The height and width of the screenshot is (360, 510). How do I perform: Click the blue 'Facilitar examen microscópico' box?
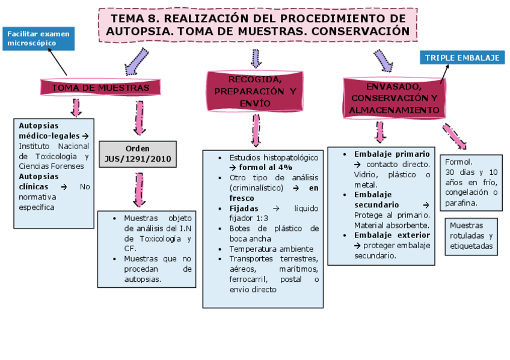point(38,38)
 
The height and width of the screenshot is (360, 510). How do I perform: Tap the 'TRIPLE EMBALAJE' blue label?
point(462,58)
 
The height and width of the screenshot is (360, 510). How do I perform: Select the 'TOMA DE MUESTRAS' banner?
point(100,88)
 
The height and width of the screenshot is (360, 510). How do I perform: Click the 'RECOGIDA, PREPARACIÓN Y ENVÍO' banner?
point(254,91)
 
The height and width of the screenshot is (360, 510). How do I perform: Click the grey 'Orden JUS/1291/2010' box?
point(137,154)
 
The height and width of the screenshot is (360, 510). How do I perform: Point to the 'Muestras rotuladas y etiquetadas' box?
point(471,236)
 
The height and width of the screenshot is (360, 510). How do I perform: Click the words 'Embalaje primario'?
point(392,154)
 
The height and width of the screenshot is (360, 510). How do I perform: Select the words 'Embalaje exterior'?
point(392,235)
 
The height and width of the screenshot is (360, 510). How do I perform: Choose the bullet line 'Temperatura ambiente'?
point(271,249)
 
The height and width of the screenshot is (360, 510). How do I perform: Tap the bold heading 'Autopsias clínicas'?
point(38,182)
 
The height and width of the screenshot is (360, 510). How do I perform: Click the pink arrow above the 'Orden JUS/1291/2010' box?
point(140,118)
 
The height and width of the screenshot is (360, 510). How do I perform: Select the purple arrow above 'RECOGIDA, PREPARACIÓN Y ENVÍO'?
point(256,58)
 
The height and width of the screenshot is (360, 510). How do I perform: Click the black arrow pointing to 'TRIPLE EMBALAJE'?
point(444,73)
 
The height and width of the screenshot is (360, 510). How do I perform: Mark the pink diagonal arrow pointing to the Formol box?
point(455,136)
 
